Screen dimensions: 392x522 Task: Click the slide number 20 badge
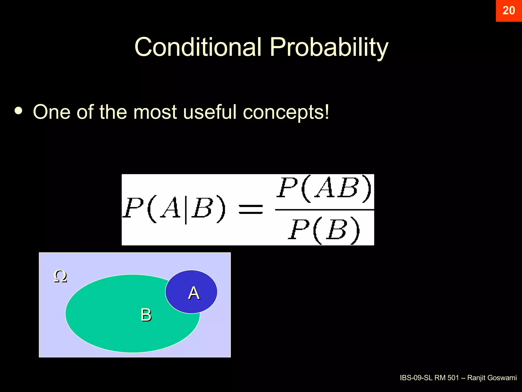pyautogui.click(x=508, y=11)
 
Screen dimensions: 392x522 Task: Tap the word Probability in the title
pyautogui.click(x=329, y=47)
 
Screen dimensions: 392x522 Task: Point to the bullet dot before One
pyautogui.click(x=19, y=111)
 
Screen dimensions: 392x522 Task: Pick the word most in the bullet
pyautogui.click(x=155, y=112)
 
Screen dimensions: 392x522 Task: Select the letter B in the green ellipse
pyautogui.click(x=146, y=315)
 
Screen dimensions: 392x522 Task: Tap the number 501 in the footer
pyautogui.click(x=453, y=378)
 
